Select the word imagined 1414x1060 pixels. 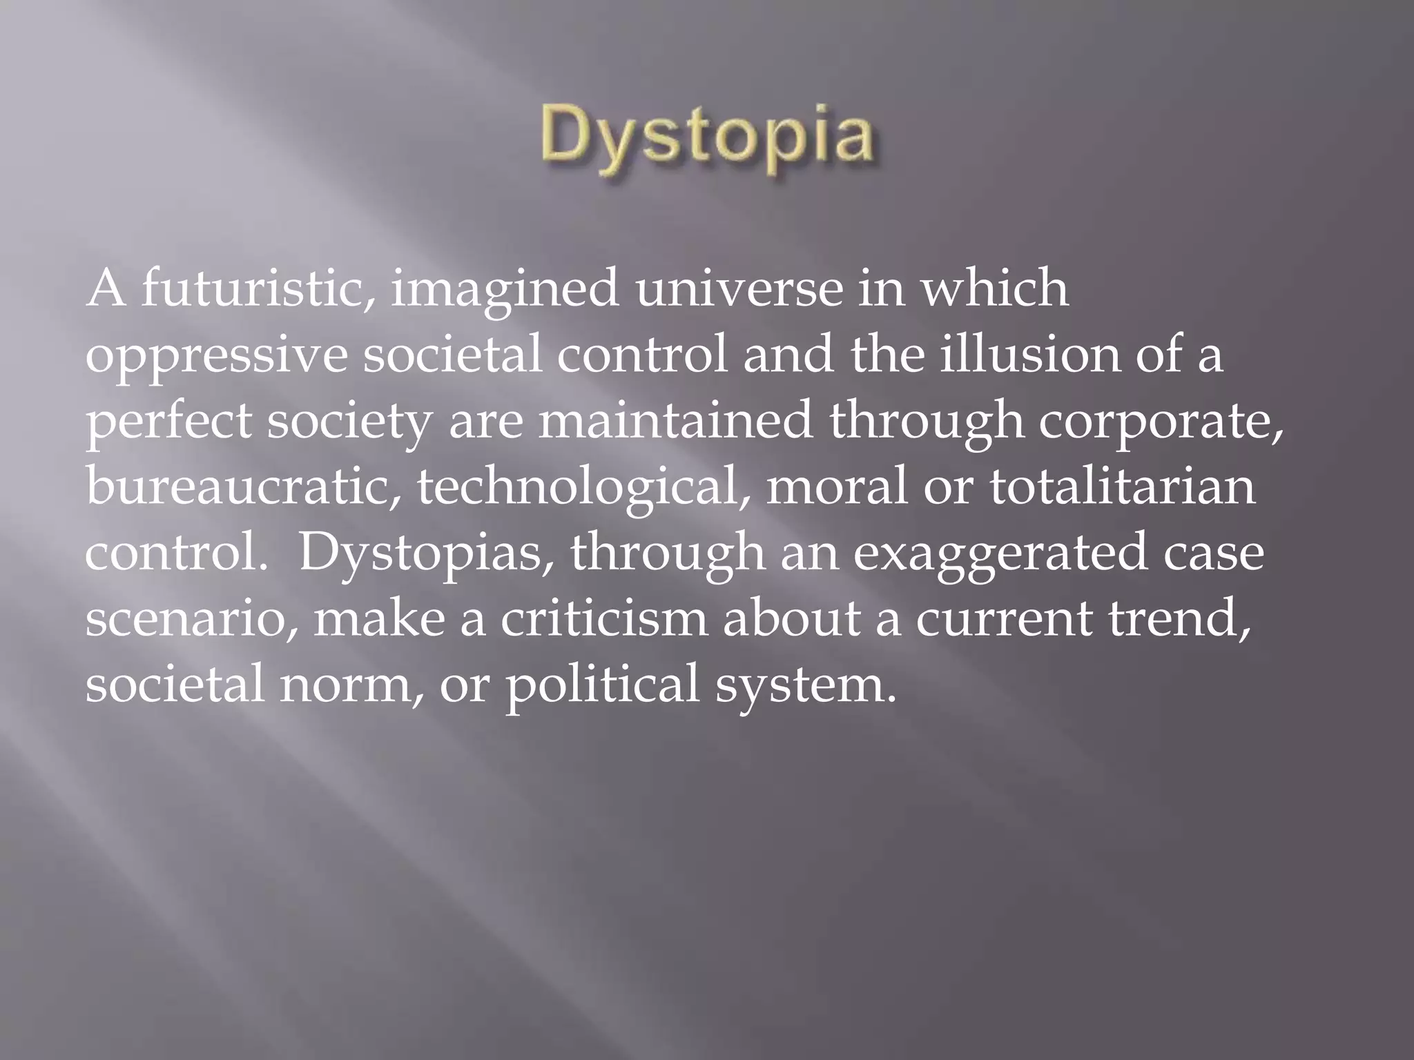(505, 290)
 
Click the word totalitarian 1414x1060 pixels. (1123, 487)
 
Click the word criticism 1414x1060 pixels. (604, 618)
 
